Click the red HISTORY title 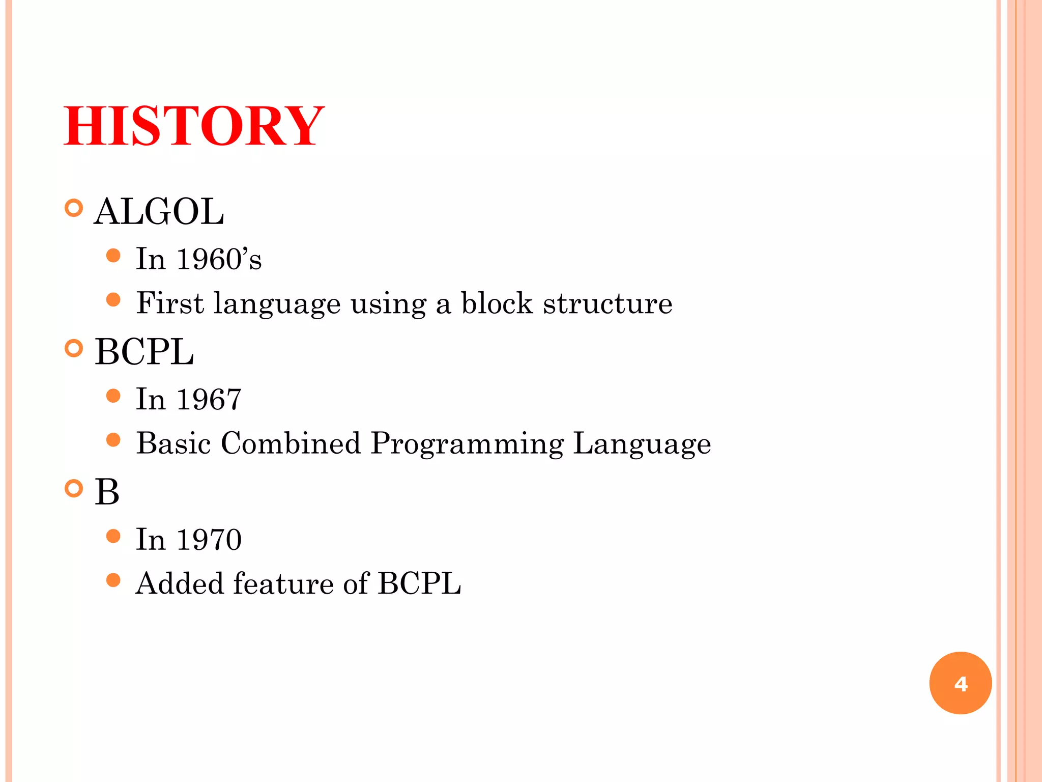pyautogui.click(x=193, y=126)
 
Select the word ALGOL pyautogui.click(x=159, y=211)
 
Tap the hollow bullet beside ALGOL pyautogui.click(x=74, y=208)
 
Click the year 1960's pyautogui.click(x=219, y=259)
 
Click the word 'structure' pyautogui.click(x=607, y=304)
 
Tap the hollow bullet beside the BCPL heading pyautogui.click(x=74, y=349)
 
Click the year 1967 pyautogui.click(x=209, y=399)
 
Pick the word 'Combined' pyautogui.click(x=291, y=443)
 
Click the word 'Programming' pyautogui.click(x=467, y=444)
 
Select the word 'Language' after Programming pyautogui.click(x=642, y=444)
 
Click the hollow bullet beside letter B pyautogui.click(x=74, y=489)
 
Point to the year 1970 pyautogui.click(x=209, y=540)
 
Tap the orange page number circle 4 pyautogui.click(x=960, y=683)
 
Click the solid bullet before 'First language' pyautogui.click(x=113, y=300)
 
